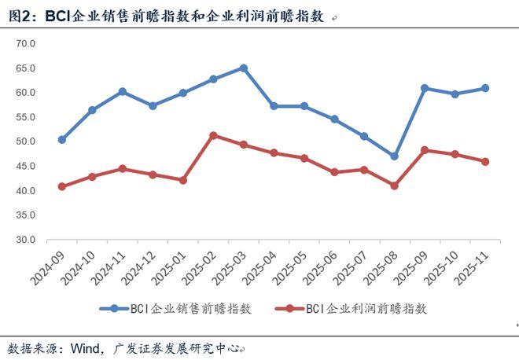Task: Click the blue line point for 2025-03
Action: [x=244, y=68]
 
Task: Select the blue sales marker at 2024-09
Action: [x=62, y=139]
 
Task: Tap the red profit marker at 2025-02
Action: [x=213, y=135]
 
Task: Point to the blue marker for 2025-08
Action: [x=395, y=156]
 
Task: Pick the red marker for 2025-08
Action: [x=395, y=186]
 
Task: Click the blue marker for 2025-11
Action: [x=485, y=88]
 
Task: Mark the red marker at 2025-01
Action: [x=183, y=180]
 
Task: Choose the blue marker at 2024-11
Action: [x=123, y=91]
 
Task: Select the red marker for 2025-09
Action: [x=425, y=149]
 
